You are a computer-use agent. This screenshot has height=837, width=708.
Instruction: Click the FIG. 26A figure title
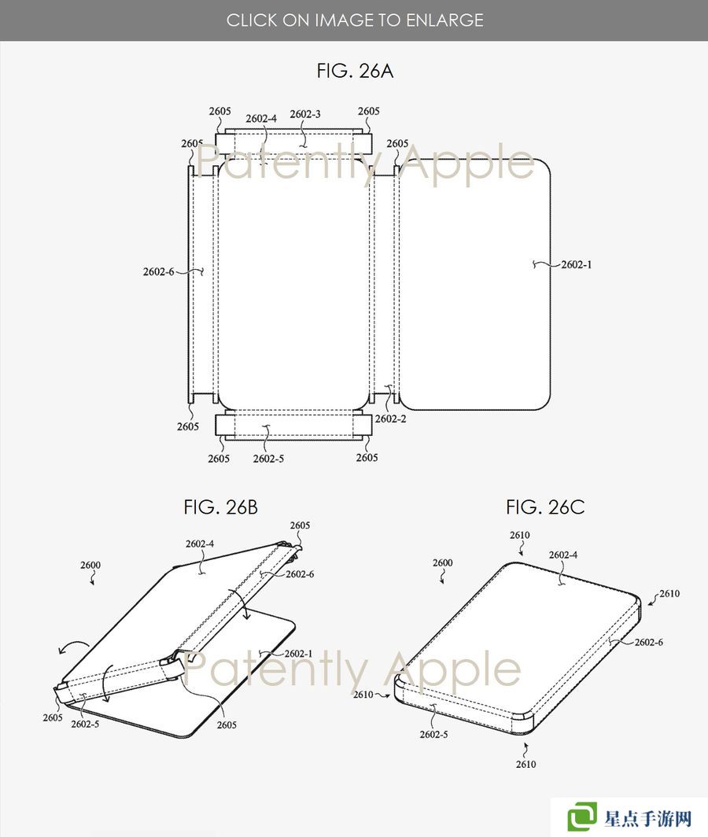click(355, 71)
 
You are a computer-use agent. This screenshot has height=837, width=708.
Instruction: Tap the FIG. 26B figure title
click(220, 507)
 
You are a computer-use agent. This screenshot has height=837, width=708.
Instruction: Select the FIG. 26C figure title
click(545, 507)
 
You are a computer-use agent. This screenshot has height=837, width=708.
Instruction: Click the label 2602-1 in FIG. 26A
click(576, 265)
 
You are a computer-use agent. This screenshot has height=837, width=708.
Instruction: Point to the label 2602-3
click(305, 114)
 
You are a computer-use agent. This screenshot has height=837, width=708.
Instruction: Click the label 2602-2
click(390, 419)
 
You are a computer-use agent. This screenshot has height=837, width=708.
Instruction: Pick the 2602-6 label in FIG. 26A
click(158, 271)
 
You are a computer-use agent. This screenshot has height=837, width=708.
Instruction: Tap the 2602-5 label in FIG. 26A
click(268, 459)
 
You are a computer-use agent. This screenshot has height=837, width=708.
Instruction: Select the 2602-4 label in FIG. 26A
click(261, 119)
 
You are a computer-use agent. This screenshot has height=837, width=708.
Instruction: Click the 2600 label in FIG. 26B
click(90, 565)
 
